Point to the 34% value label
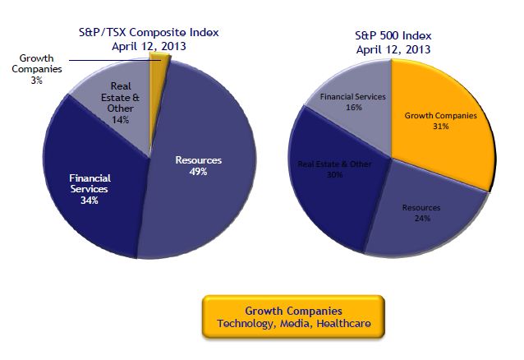(90, 200)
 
